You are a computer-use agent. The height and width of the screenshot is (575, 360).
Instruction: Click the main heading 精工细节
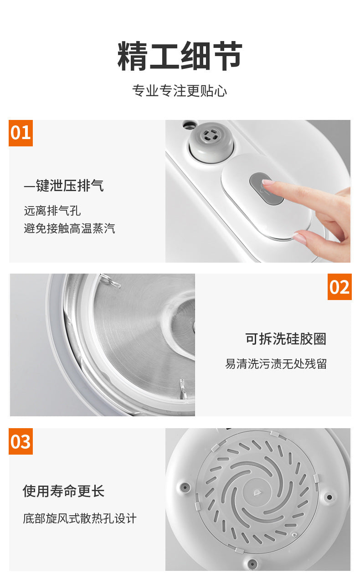[180, 57]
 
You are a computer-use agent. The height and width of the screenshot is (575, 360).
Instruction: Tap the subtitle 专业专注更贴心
[180, 91]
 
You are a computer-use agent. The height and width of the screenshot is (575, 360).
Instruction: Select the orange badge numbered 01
[21, 133]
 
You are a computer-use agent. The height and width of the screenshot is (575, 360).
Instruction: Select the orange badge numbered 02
[339, 287]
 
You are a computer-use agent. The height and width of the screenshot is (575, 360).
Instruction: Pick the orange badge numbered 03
[21, 441]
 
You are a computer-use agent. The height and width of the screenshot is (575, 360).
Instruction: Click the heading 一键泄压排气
[64, 186]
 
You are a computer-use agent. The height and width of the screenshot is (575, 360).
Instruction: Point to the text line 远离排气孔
[52, 211]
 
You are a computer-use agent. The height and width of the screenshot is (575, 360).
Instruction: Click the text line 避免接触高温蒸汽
[69, 228]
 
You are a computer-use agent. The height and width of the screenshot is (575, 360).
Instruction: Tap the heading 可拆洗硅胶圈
[286, 339]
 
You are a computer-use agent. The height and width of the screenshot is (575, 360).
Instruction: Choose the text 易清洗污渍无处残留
[276, 364]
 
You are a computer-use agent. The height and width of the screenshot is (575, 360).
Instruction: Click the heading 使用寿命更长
[64, 491]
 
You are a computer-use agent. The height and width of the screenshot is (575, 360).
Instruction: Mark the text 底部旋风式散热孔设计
[80, 518]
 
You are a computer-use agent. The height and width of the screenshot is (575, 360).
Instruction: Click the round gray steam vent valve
[211, 136]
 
